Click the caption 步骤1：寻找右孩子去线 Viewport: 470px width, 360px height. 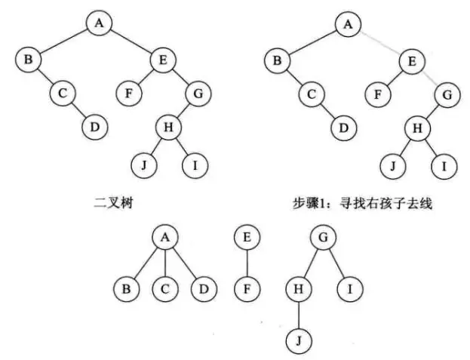pyautogui.click(x=361, y=202)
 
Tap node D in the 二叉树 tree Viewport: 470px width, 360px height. pyautogui.click(x=94, y=127)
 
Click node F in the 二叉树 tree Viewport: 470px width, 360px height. pyautogui.click(x=129, y=94)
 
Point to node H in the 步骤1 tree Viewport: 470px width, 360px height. pyautogui.click(x=416, y=128)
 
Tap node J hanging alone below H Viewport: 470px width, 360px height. pyautogui.click(x=299, y=340)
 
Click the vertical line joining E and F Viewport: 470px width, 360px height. pyautogui.click(x=247, y=264)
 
